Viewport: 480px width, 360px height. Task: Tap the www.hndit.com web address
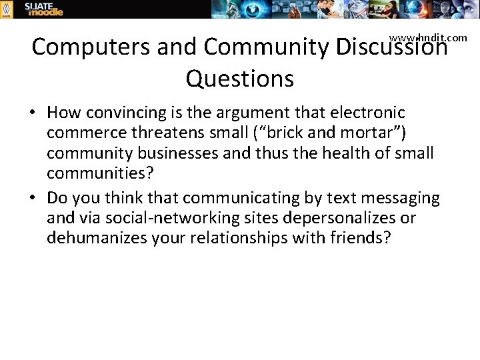[x=428, y=38]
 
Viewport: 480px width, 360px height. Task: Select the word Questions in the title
[x=239, y=79]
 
